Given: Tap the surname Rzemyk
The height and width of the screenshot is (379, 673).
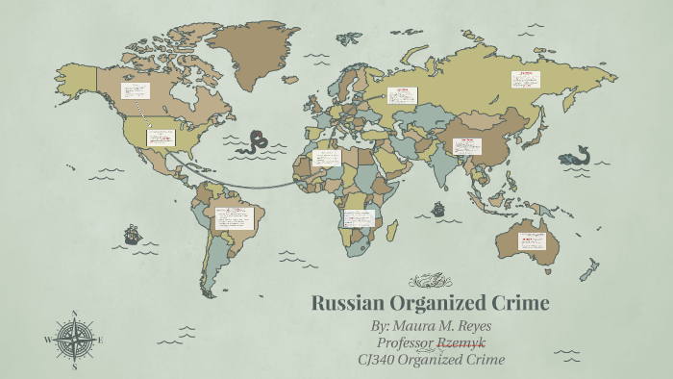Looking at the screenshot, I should tap(462, 342).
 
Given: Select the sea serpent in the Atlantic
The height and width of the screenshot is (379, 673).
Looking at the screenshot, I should tap(255, 142).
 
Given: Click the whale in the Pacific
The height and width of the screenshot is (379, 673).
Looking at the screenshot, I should tap(575, 154).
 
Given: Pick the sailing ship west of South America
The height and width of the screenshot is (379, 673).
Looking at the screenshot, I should tap(130, 234).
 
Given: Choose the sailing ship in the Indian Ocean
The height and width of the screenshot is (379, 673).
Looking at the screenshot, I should tap(438, 208).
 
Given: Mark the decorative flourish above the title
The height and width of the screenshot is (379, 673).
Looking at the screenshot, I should tap(430, 281).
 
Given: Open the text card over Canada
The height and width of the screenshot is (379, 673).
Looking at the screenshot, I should tap(135, 91).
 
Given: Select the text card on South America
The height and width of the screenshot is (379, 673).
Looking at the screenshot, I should tap(234, 216).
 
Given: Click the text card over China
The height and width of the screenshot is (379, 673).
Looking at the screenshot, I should tap(467, 146).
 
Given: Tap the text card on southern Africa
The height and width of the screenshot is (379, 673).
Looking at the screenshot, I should tap(359, 218).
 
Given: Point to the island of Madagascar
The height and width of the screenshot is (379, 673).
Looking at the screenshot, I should tap(392, 230).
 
